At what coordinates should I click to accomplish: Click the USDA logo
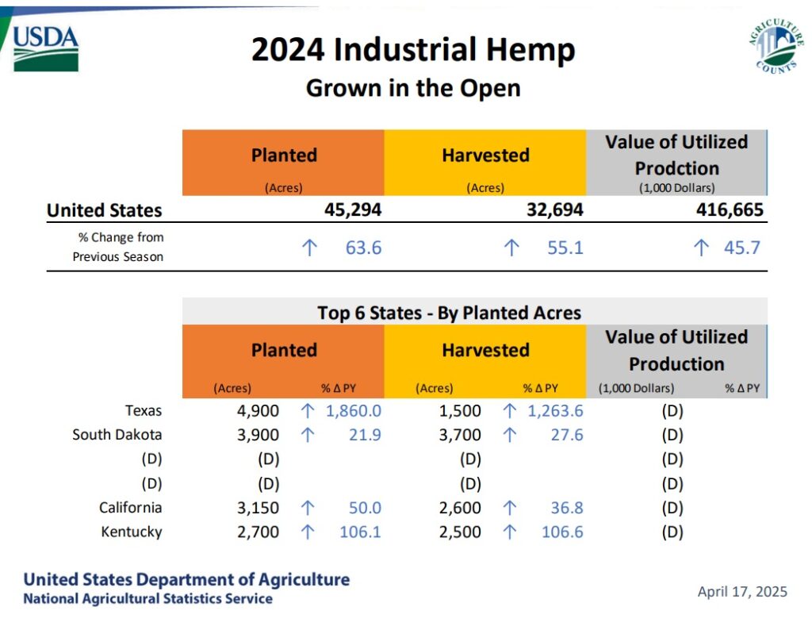tap(46, 46)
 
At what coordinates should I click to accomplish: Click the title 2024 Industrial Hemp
tap(412, 51)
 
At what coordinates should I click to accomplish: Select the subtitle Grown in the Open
tap(412, 87)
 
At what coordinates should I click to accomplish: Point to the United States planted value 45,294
tap(353, 210)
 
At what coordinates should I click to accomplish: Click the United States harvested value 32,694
tap(554, 210)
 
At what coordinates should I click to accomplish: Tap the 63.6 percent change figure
tap(363, 248)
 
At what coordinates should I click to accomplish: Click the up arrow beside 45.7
tap(701, 248)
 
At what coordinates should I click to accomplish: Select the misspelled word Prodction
tap(676, 168)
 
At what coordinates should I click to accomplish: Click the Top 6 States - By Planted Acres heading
tap(449, 313)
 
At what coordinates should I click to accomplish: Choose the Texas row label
tap(143, 411)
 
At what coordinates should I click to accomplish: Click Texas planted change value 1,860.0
tap(354, 411)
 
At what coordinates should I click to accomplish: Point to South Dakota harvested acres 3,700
tap(459, 435)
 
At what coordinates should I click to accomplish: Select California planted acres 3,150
tap(258, 508)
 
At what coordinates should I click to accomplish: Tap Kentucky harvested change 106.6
tap(562, 532)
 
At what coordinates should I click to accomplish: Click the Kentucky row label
tap(131, 532)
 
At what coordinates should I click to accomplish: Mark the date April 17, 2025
tap(742, 591)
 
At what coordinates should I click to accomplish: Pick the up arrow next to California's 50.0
tap(308, 508)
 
